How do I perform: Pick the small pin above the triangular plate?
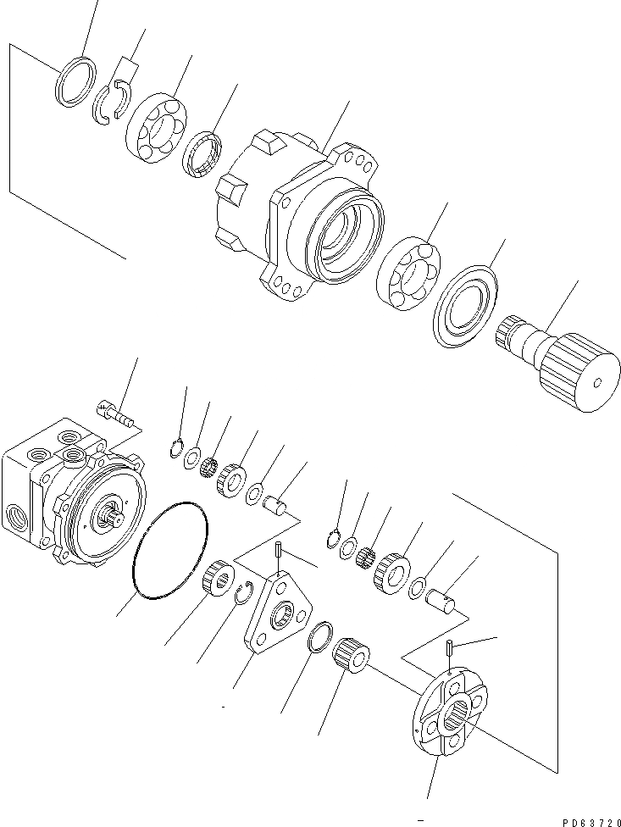[x=278, y=552]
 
